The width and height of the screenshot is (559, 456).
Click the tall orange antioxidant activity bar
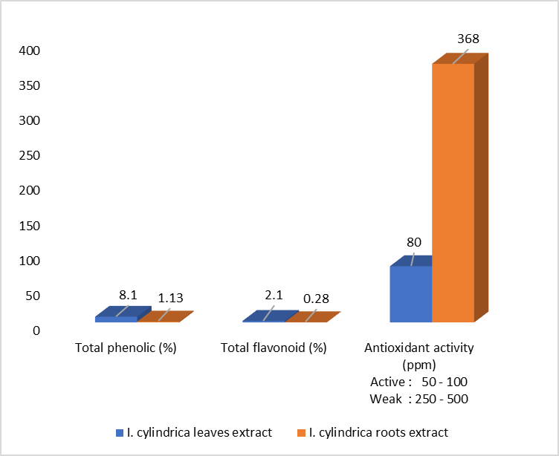453,192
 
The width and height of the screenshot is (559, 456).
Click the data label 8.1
128,295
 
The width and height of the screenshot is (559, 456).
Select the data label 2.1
275,295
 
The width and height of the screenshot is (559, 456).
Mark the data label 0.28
317,299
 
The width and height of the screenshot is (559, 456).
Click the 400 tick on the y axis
30,51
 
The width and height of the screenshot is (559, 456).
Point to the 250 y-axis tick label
30,155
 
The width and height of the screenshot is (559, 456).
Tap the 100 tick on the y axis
30,261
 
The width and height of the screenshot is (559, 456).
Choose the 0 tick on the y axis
36,330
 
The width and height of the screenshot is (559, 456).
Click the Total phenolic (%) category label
126,348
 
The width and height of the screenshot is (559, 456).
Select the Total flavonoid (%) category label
274,348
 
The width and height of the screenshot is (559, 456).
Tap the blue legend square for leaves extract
120,432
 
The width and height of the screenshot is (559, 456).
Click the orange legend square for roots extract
301,432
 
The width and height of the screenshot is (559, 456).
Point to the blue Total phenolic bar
116,319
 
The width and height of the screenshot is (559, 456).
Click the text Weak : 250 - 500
419,398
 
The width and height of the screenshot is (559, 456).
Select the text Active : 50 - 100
419,382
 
